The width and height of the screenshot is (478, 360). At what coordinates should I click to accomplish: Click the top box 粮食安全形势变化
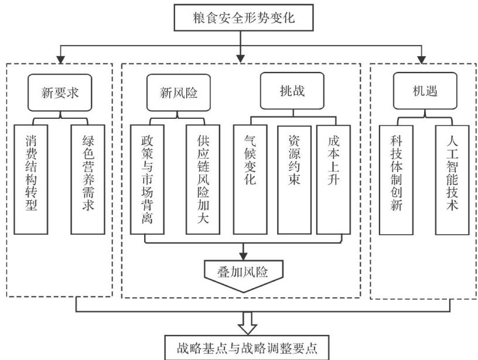[x=240, y=18]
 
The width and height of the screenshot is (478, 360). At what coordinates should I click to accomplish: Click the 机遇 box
[x=423, y=92]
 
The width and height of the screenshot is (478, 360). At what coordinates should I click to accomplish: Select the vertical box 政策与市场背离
[x=146, y=179]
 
